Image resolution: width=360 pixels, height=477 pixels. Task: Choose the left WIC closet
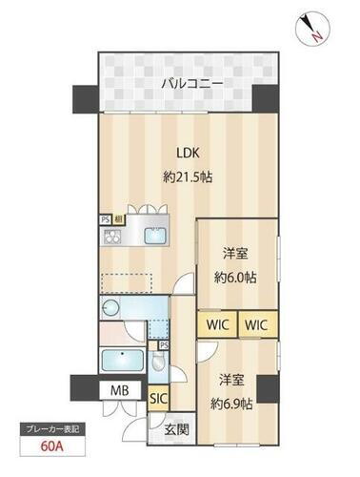click(215, 325)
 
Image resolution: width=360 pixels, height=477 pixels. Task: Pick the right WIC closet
click(256, 325)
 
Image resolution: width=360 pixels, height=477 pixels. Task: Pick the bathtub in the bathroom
click(120, 362)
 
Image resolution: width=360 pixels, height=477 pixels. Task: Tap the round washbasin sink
click(110, 307)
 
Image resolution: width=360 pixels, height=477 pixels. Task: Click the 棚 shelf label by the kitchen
click(117, 218)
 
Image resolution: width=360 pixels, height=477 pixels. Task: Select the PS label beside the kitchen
click(106, 218)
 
